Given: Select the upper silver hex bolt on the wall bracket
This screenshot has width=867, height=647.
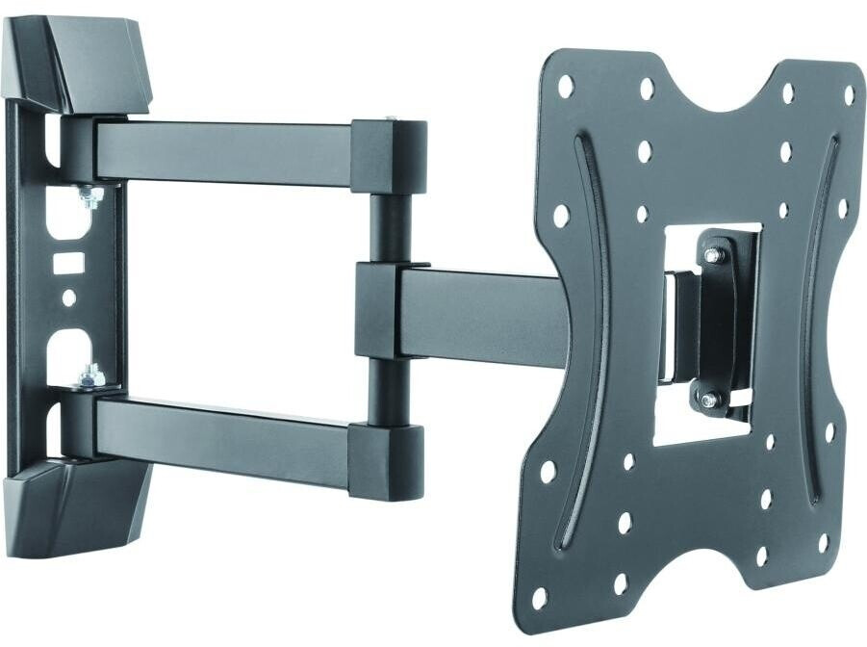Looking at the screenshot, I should click(x=91, y=196).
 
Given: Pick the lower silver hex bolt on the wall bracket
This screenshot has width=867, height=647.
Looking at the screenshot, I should click(x=91, y=375).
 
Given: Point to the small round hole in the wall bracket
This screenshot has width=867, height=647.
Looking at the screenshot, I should click(x=68, y=298).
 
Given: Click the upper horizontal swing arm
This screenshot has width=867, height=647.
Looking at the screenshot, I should click(x=221, y=149).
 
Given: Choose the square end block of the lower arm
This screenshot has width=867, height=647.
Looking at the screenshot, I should click(x=385, y=460).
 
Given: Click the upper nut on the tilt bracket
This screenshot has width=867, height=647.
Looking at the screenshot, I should click(x=712, y=256).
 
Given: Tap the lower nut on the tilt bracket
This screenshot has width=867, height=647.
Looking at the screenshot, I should click(x=709, y=399).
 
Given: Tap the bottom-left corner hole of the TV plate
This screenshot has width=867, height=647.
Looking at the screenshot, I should click(x=540, y=598).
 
